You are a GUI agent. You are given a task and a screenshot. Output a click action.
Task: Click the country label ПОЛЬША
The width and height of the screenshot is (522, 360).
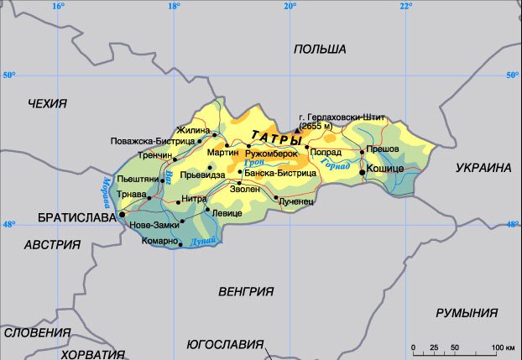[x=320, y=50]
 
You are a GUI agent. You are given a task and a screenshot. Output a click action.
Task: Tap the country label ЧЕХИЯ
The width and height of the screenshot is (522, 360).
[x=47, y=103]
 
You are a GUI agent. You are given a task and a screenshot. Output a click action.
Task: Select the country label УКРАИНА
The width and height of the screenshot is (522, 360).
[x=483, y=168]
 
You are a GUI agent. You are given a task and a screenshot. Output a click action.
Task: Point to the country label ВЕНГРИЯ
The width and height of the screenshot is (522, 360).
[x=246, y=292]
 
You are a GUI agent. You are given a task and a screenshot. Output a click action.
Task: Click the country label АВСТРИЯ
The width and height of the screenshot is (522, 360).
[x=52, y=245]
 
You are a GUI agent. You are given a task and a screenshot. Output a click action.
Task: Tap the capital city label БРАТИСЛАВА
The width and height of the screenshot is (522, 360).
[x=76, y=217]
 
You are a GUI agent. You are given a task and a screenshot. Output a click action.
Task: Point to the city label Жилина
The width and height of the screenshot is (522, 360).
[x=192, y=130]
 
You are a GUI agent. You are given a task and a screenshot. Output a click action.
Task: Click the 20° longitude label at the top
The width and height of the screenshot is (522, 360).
[x=289, y=7]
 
